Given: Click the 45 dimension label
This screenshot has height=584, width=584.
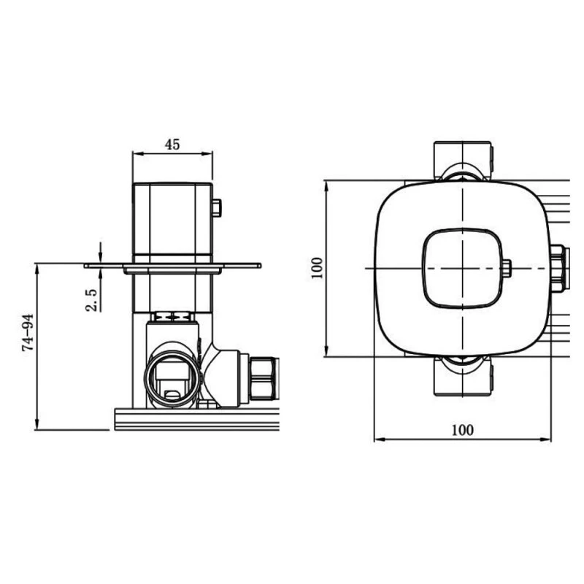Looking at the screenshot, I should pos(172,144).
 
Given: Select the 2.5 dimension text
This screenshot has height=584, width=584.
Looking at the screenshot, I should pos(91,299).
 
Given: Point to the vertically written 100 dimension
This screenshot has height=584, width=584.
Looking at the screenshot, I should pos(315,268).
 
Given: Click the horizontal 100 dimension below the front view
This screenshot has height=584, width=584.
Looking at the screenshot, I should pos(461,429).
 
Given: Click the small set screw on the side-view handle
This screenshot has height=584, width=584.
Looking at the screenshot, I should pos(216,209).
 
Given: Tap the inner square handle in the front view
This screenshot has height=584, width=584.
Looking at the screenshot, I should pos(462,268).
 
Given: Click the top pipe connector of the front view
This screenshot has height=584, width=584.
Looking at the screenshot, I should pos(463,159).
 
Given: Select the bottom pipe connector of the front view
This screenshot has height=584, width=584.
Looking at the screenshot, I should pos(463,377).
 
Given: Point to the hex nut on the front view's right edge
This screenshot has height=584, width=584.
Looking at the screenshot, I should pos(558,268).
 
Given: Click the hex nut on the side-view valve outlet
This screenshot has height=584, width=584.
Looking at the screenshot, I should pos(264,378).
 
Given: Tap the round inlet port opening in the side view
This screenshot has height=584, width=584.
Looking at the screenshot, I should pos(173,377).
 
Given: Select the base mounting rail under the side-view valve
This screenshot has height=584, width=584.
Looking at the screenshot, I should pos(197,420).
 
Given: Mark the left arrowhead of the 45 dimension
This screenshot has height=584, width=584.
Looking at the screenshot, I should pos(135,154).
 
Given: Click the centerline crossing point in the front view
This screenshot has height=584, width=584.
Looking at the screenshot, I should pos(463,268).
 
